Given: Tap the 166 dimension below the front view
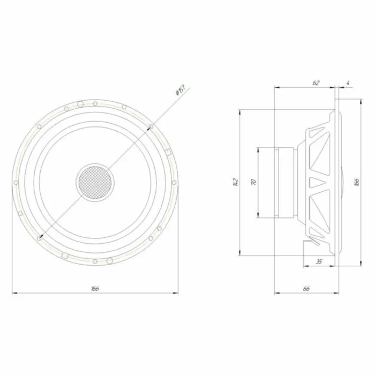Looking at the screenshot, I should click(95, 288).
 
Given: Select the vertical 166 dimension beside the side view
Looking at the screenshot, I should click(356, 182).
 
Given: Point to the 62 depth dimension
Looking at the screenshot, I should click(316, 82).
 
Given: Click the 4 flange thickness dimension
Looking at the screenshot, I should click(348, 82).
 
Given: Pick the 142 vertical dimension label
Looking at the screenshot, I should click(234, 182).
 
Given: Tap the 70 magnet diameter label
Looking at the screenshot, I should click(254, 182).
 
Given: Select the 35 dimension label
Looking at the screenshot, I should click(319, 261).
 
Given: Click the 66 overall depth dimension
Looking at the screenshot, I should click(306, 288).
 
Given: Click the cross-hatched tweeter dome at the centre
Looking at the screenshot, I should click(95, 182).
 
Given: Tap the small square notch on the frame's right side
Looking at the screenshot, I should click(168, 152).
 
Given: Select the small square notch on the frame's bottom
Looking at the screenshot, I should click(64, 255).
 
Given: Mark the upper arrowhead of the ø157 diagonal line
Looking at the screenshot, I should click(151, 127).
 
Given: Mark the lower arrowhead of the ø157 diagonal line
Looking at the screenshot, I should click(40, 237).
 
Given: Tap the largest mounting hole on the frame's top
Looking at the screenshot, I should click(80, 103).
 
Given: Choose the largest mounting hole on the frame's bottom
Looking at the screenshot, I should click(110, 261).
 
